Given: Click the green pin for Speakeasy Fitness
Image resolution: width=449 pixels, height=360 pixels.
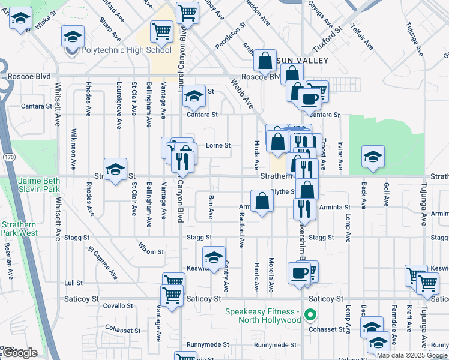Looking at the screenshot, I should tap(310, 314).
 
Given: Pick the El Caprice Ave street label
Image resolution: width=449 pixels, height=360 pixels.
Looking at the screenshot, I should tap(103, 262).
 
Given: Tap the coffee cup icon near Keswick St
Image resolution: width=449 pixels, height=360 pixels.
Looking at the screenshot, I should tap(298, 273).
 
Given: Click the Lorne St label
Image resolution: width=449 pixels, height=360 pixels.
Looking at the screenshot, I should tap(218, 145).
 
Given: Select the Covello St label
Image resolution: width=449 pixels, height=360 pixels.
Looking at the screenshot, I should tap(113, 305).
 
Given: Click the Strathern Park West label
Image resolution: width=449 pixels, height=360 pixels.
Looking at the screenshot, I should tap(19, 229).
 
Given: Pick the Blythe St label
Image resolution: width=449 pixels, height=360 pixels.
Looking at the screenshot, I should tap(284, 192).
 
